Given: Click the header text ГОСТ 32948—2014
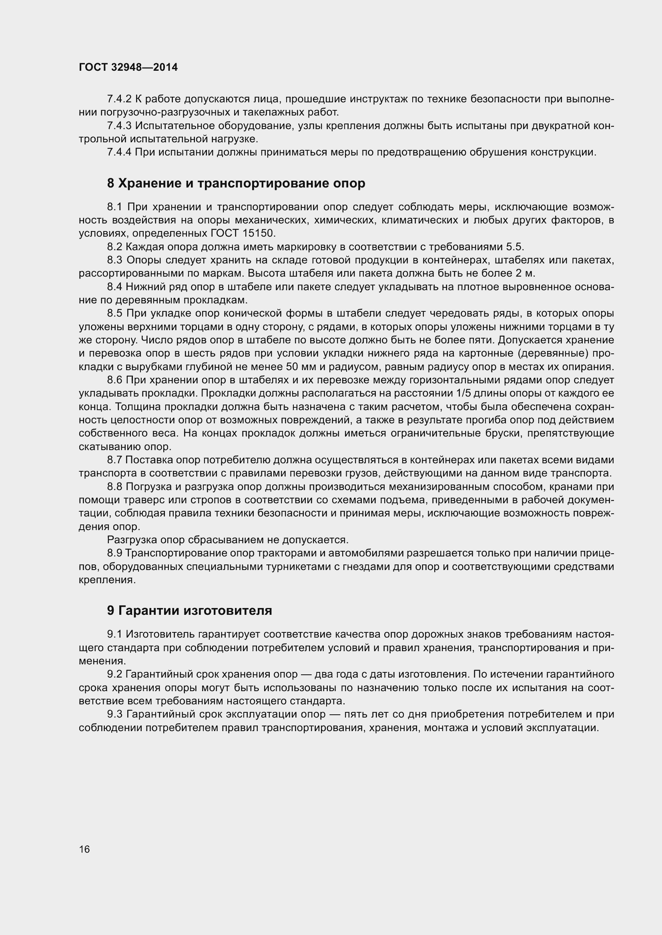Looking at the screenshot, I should point(128,68).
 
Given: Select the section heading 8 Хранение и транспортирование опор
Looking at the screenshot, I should point(236,183).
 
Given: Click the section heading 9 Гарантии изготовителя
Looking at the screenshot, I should point(190,611).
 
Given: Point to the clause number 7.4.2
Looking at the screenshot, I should point(119,99).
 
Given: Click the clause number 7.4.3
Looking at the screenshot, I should point(119,126).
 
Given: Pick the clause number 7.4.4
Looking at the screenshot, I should point(119,152).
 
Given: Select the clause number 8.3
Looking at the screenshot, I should point(114,260).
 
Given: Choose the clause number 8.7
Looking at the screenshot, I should point(114,460).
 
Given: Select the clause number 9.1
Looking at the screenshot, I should point(114,634).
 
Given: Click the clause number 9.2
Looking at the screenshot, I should point(114,674).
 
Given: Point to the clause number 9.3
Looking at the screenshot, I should point(114,714).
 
